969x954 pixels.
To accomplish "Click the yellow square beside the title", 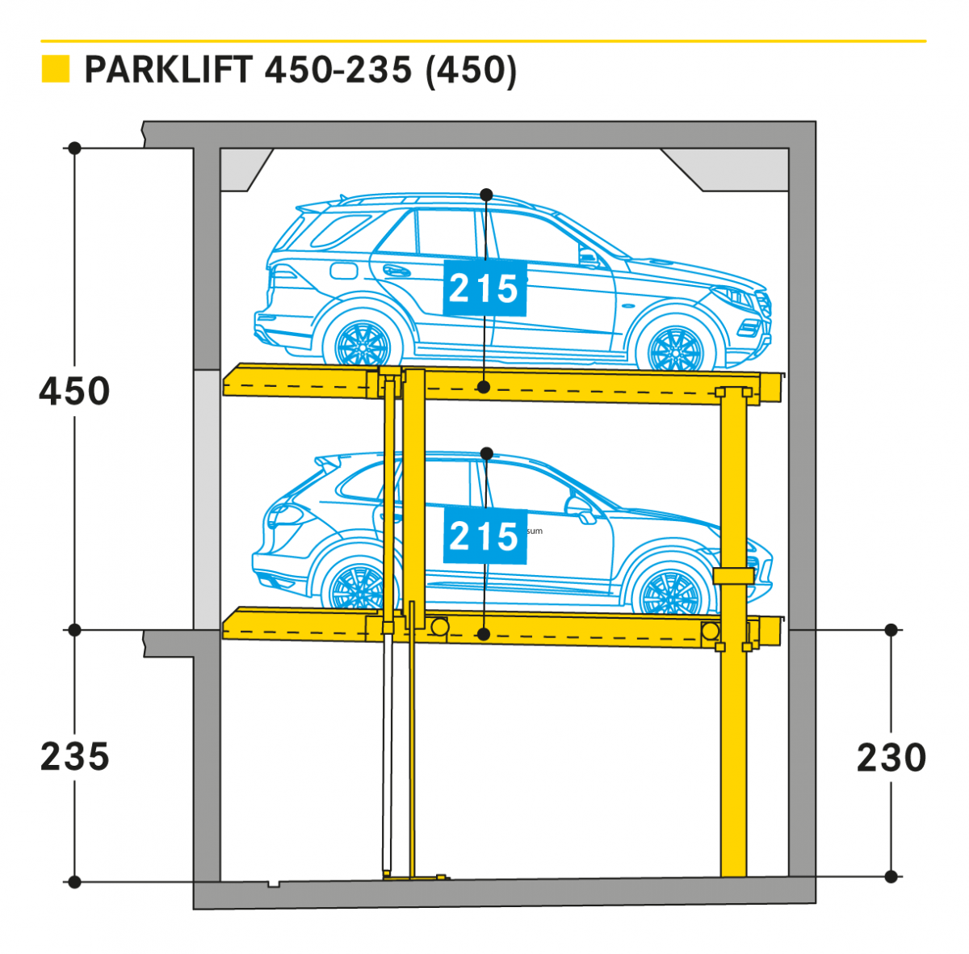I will [x=55, y=69].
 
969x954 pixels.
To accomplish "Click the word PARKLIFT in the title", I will [x=169, y=70].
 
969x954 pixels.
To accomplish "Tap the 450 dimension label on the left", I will [x=74, y=392].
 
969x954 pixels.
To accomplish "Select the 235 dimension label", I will [x=74, y=757].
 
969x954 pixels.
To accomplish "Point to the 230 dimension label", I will [x=891, y=758].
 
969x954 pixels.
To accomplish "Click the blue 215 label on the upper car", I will [x=484, y=288].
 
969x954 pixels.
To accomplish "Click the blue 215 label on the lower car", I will [x=484, y=536].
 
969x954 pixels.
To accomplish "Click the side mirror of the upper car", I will [x=589, y=258].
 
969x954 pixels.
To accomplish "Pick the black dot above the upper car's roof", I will [x=486, y=195].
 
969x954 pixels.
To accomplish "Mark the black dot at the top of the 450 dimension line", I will [x=74, y=149].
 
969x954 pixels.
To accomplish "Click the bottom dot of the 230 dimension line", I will [x=891, y=876].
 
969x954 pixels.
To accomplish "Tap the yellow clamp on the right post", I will [x=733, y=575].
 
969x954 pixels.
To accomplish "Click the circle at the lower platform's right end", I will [x=710, y=630].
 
